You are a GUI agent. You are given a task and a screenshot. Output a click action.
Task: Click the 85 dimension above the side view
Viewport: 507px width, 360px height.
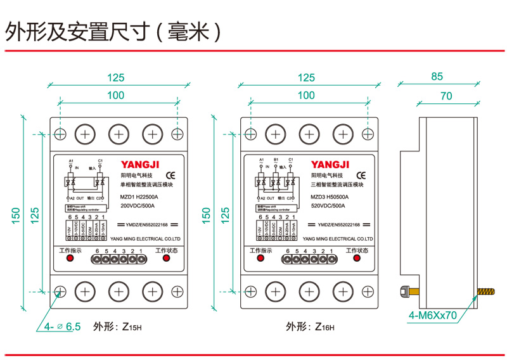[437, 77]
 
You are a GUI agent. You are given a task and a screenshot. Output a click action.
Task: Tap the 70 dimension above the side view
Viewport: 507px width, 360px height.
[446, 96]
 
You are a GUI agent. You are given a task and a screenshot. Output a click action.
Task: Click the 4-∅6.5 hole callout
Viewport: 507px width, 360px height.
[63, 327]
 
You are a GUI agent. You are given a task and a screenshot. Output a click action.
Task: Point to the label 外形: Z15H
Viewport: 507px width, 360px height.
[118, 327]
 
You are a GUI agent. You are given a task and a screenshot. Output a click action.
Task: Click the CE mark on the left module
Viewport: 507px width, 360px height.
[170, 174]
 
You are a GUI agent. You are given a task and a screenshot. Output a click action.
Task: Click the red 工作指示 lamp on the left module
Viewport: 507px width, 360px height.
[71, 260]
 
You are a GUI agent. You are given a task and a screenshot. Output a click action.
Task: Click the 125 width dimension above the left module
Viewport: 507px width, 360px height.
[115, 78]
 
